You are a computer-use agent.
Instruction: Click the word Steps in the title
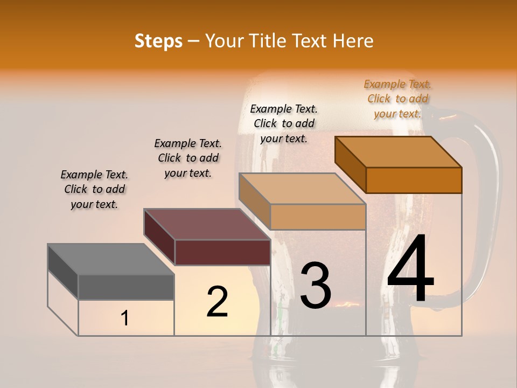point(158,41)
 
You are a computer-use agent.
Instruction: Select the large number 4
point(410,269)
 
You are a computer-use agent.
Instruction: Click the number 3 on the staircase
point(315,286)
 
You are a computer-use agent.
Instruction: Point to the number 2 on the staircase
point(217,302)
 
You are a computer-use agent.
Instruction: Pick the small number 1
point(125,318)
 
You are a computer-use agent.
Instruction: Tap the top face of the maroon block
point(207,224)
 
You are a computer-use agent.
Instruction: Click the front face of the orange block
point(414,180)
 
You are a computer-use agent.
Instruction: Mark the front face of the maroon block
point(222,252)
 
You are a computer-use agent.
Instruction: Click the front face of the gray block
point(126,287)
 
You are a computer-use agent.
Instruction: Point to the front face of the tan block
point(318,217)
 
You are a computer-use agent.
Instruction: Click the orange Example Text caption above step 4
point(398,99)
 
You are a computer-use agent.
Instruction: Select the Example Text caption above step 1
point(94,190)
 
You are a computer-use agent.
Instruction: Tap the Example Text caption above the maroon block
point(188,158)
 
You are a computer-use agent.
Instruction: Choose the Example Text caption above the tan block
point(284,123)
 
